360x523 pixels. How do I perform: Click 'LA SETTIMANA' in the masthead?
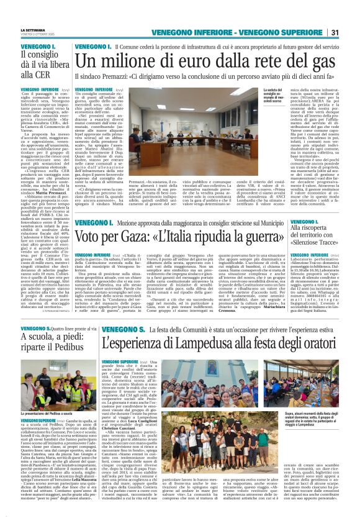coord(33,30)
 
